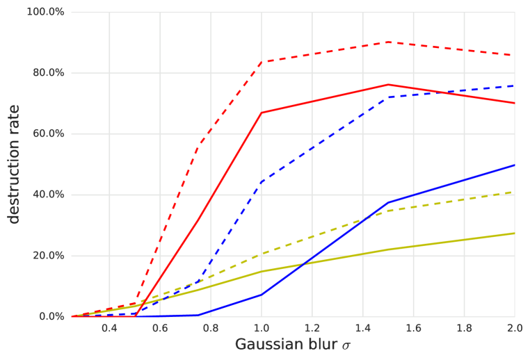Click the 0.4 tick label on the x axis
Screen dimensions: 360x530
click(109, 327)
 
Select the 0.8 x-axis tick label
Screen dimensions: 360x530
click(211, 327)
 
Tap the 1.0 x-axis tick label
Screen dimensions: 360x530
click(262, 327)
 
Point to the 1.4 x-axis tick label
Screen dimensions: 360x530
click(362, 327)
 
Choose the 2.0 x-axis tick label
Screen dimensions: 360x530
click(514, 327)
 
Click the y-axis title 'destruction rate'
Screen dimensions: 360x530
click(14, 164)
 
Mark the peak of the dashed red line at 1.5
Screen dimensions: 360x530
click(388, 42)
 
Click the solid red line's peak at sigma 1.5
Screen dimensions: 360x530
click(388, 85)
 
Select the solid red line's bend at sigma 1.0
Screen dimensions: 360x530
click(262, 113)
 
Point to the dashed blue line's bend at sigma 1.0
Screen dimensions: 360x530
click(262, 182)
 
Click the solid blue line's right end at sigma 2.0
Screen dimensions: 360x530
click(514, 165)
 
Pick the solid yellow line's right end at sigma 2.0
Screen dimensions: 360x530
click(514, 233)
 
